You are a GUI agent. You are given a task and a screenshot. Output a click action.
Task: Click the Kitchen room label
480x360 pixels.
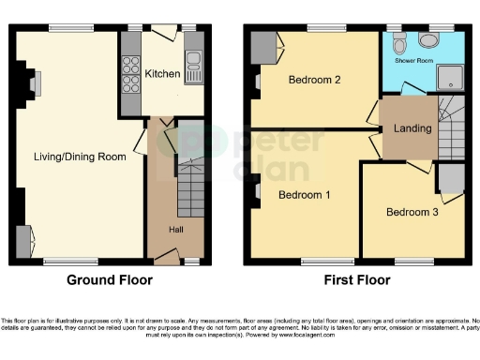(162, 72)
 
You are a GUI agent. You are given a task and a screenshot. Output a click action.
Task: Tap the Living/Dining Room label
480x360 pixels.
(79, 157)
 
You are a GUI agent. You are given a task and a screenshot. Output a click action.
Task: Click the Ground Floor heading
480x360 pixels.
(109, 279)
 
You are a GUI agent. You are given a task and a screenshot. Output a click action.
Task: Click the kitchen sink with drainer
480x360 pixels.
(195, 62)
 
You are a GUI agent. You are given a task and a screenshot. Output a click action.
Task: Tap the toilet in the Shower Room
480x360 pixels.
(401, 42)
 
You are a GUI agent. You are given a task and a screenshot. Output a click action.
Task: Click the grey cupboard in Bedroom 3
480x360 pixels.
(450, 176)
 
